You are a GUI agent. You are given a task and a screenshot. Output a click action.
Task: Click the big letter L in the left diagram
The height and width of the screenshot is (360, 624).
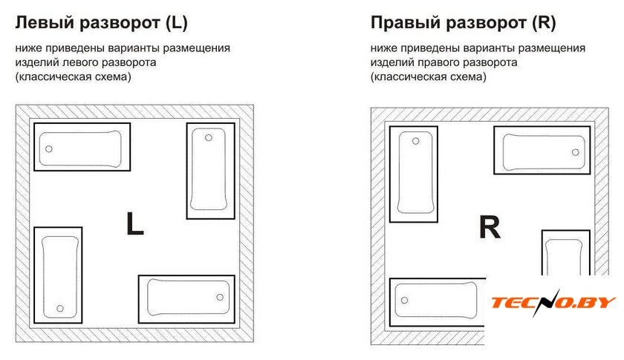pos(135,223)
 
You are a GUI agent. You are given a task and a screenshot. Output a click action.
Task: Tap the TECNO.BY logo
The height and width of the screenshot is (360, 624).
pos(553,302)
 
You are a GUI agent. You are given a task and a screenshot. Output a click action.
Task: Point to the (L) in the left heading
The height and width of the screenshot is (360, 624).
pos(176,23)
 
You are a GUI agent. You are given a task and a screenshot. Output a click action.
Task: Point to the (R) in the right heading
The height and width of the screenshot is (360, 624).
pos(544,23)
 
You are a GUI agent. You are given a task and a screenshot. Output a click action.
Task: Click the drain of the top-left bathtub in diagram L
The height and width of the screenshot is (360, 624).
pos(48,148)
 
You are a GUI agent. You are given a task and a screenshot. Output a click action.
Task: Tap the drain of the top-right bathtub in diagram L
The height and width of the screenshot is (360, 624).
pos(209,138)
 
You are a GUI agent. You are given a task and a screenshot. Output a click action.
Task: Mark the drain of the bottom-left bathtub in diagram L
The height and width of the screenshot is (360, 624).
pos(60,308)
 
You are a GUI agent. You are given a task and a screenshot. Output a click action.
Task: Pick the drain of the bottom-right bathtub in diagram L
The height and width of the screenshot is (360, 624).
pos(220,297)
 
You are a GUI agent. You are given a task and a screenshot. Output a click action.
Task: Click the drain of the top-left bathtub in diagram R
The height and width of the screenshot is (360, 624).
pos(415,141)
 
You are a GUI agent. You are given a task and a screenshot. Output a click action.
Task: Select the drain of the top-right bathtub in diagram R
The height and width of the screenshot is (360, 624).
pos(576,152)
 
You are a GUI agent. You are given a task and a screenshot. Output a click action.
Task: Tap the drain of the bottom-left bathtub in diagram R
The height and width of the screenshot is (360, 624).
pos(404,301)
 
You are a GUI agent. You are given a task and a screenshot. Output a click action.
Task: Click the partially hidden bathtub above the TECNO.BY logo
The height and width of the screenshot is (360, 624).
pos(565,252)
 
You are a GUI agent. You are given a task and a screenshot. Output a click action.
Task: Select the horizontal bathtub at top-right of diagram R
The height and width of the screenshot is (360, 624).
pos(542,151)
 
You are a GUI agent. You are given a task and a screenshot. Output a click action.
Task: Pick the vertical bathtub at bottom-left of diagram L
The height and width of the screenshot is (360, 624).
pos(58,275)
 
